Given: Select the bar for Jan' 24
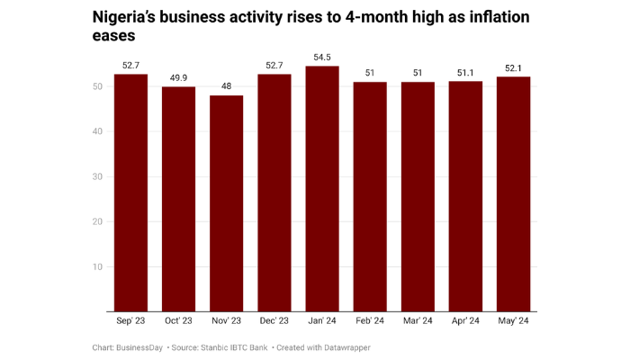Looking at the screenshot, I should tap(322, 189).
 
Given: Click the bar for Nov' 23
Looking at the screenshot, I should tap(227, 203).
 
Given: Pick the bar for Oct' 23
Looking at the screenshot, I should tap(179, 199).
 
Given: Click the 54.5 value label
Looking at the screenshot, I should tap(322, 58).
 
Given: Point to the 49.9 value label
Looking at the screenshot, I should tap(179, 78).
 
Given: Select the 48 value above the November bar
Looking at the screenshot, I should tap(227, 86).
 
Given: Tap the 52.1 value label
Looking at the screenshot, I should tap(513, 68).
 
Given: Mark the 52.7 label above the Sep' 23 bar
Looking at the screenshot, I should tap(131, 66).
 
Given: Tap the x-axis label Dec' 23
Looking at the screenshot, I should tap(274, 321).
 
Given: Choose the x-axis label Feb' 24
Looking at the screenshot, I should tap(370, 321).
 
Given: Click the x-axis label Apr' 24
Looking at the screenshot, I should tap(465, 321).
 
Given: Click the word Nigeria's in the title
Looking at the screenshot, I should tap(129, 17).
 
